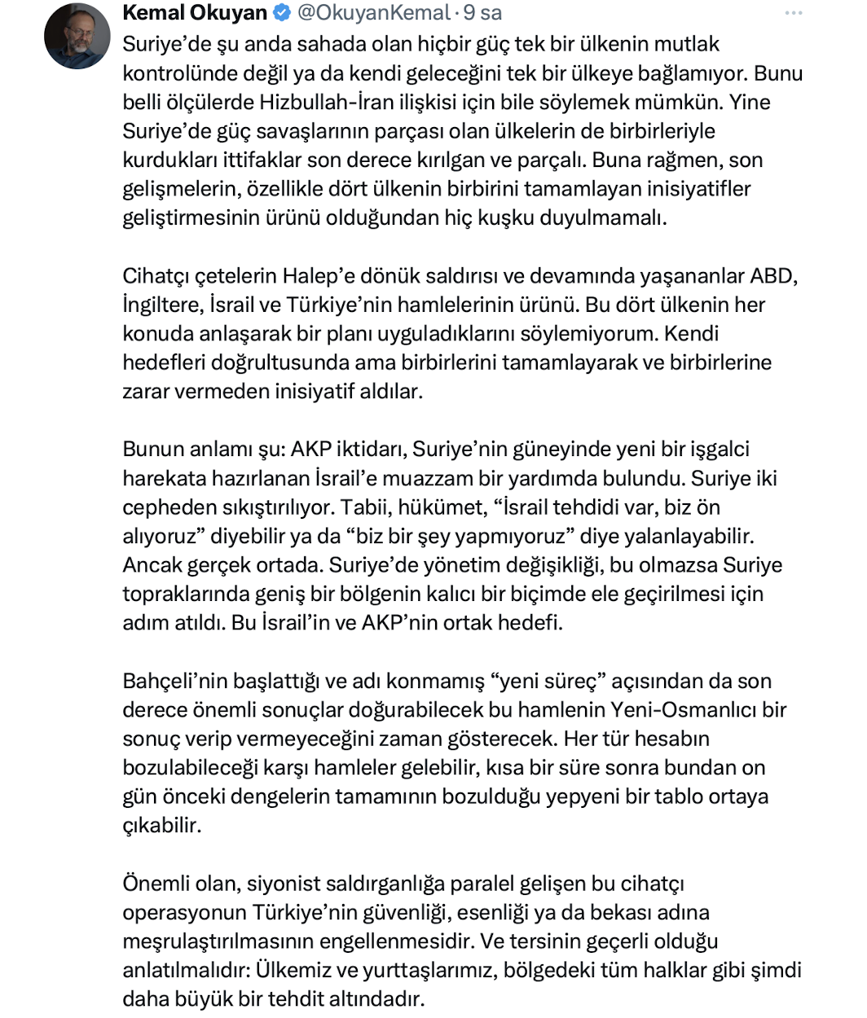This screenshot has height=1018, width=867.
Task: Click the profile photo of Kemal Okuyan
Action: point(77,36)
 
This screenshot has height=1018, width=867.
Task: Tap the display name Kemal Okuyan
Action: point(195,13)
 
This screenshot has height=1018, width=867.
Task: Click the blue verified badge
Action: point(281,13)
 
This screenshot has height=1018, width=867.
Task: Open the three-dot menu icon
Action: point(793,13)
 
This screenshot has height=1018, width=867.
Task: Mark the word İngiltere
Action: point(163,305)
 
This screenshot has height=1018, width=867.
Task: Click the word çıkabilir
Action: point(161,825)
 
